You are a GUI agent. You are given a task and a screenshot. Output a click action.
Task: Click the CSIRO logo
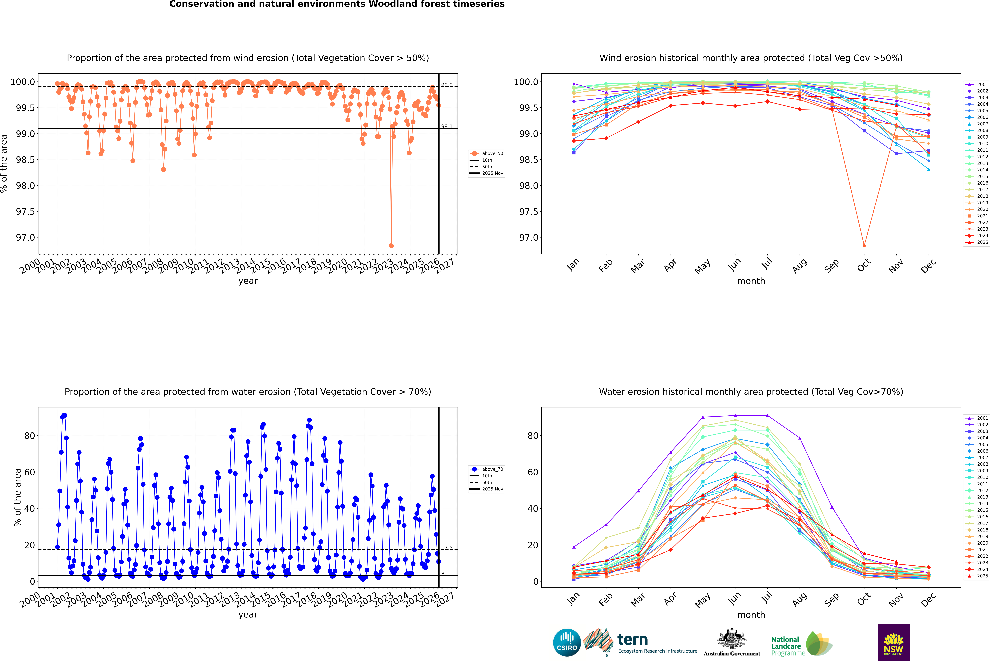click(567, 642)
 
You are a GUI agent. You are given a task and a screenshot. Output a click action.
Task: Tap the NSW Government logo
click(893, 642)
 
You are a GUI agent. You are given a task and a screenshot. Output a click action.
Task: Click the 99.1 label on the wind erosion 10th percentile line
click(446, 126)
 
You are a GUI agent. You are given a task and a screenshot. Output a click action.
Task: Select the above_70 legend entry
click(492, 469)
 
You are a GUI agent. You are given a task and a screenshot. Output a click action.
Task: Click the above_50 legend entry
click(492, 153)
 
